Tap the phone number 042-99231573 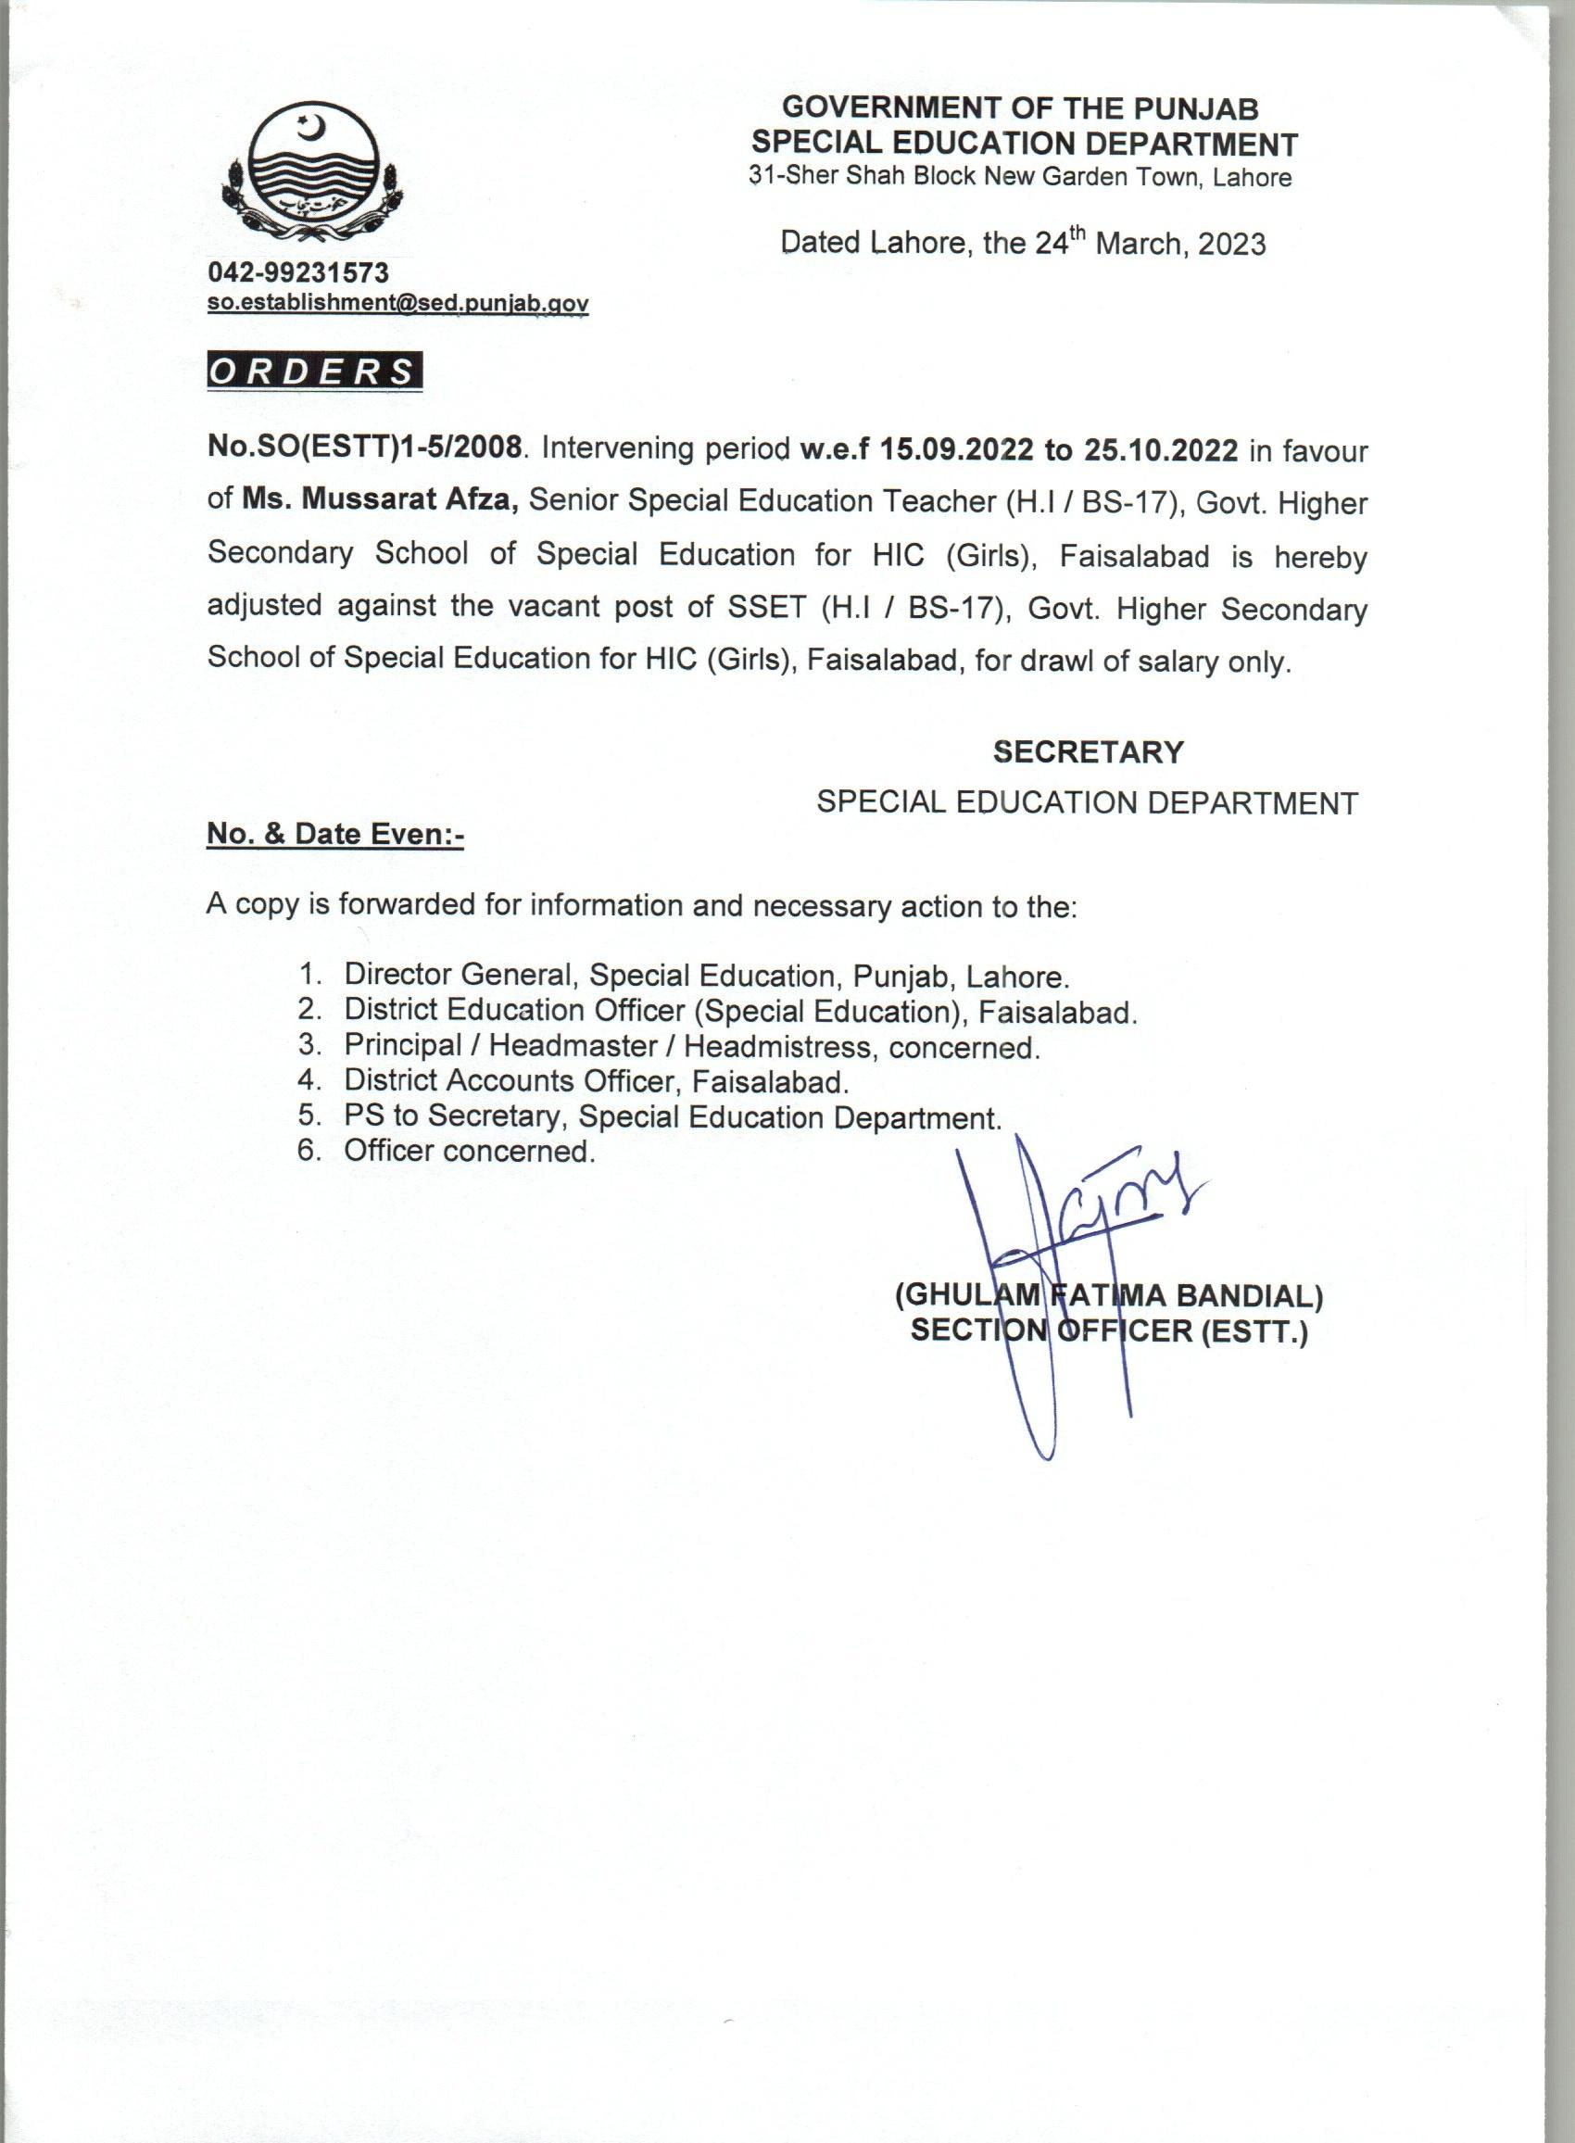298,272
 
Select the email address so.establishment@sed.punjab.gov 397,303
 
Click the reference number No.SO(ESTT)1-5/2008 365,448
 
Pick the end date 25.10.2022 1160,450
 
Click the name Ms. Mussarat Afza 380,500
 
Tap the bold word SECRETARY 1088,752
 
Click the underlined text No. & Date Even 334,834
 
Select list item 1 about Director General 706,976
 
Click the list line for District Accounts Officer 595,1081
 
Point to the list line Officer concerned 468,1151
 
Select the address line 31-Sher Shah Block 1019,177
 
